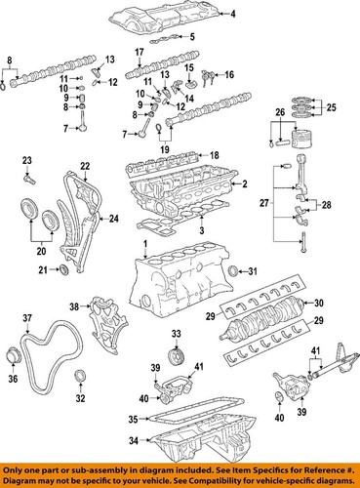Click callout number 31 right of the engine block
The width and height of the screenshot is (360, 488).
253,270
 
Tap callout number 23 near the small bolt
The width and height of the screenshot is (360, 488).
26,159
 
